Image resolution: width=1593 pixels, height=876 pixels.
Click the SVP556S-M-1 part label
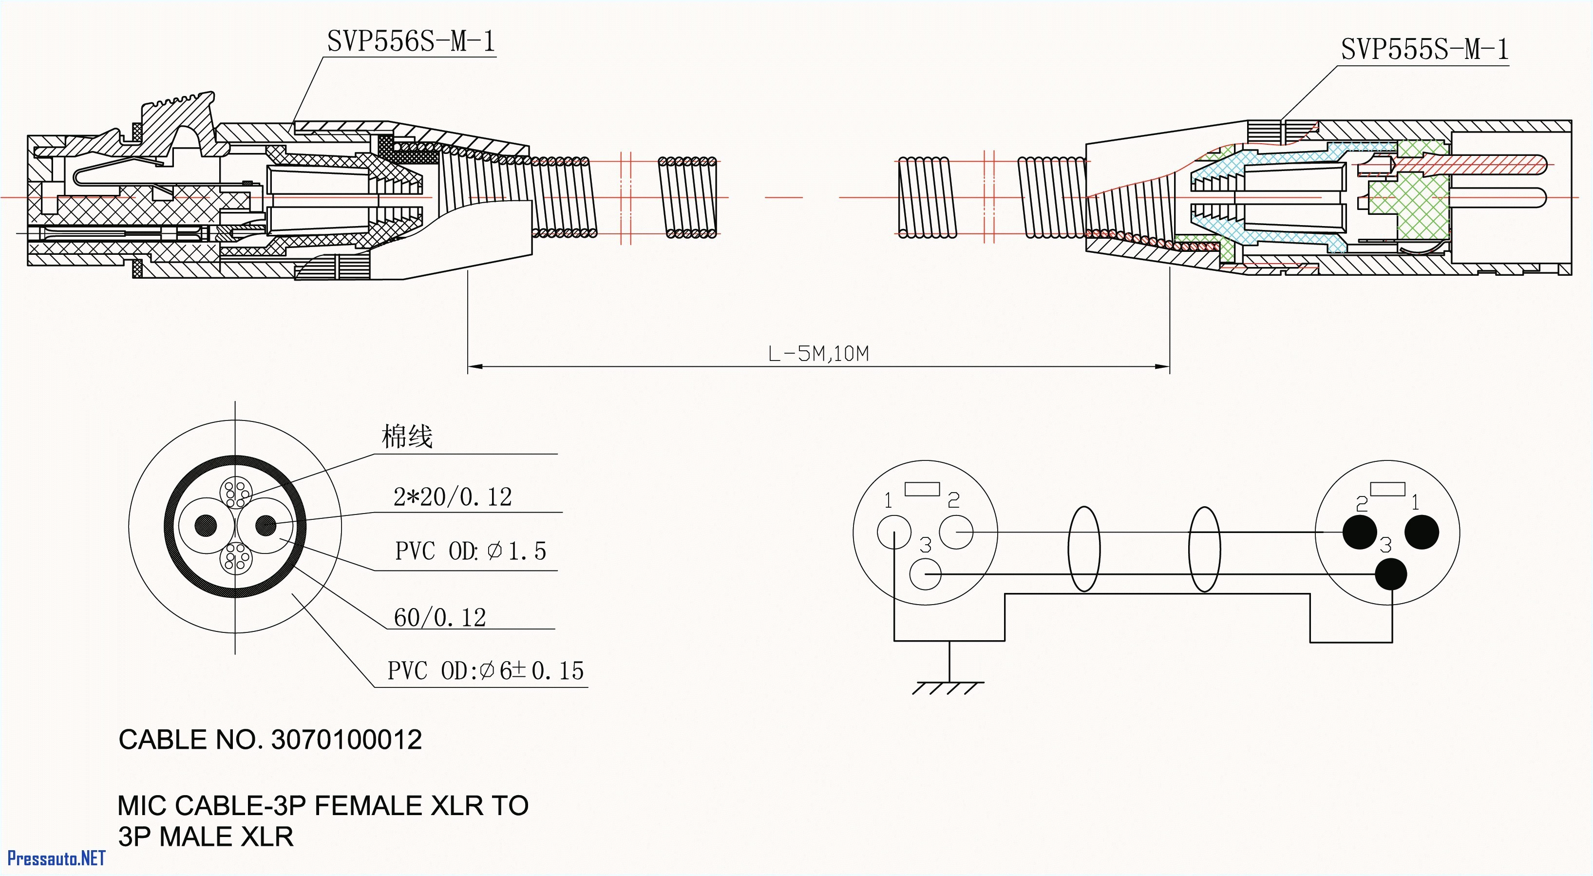411,41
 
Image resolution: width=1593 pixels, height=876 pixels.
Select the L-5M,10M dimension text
818,354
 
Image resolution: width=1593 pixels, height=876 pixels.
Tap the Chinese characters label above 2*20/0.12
407,437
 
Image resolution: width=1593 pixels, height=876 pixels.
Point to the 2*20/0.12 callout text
453,497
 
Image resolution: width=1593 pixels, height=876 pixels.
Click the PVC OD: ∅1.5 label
471,551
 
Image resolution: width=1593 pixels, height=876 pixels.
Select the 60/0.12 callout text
440,617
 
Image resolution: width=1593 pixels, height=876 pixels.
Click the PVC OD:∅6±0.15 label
485,670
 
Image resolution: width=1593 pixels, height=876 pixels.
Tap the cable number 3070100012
346,740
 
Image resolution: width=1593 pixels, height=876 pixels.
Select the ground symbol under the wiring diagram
948,686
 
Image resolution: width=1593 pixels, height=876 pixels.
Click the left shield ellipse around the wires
1084,550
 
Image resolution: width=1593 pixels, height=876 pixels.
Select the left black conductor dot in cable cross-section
206,526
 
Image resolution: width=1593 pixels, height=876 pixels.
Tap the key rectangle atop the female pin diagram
922,489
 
